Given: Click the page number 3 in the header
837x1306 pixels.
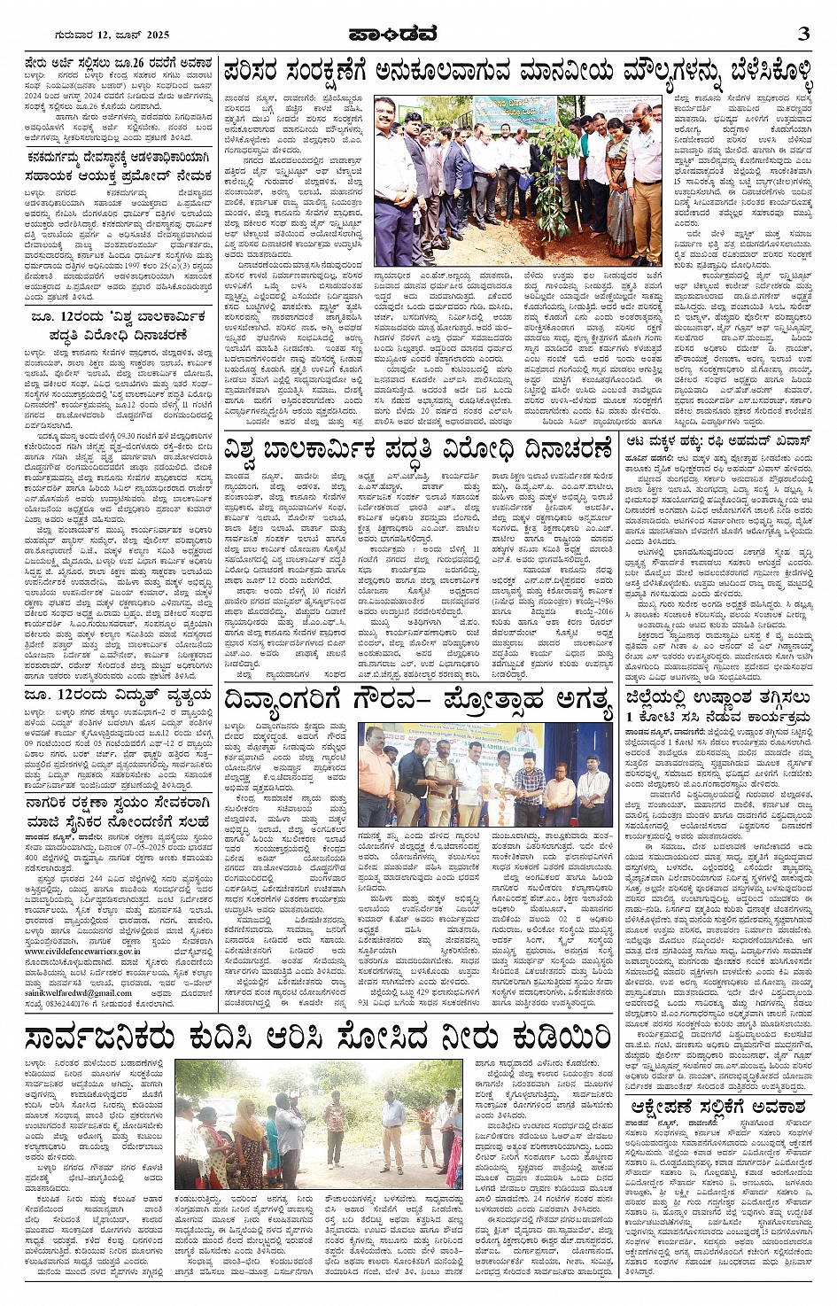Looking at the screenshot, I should coord(803,35).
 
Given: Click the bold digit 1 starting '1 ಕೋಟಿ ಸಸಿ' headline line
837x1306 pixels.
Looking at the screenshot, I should coord(630,716).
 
